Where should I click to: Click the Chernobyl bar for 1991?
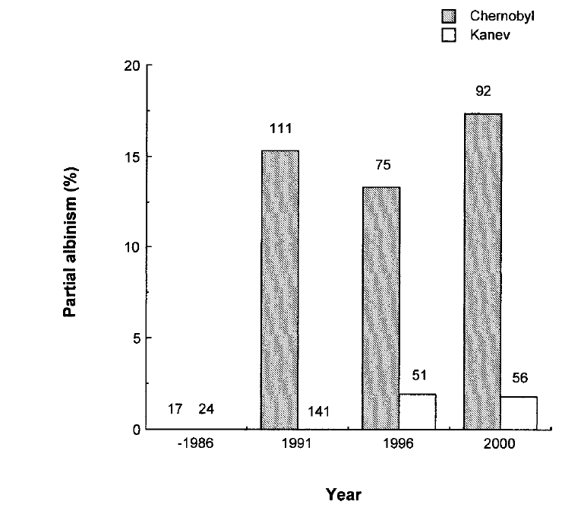pos(279,289)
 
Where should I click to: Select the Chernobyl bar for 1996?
pos(381,307)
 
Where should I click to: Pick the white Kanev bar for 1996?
pos(418,411)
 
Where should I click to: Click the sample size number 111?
pos(280,128)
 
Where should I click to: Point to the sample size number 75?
pos(382,164)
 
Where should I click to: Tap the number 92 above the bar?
pos(484,92)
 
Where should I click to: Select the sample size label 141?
pos(318,411)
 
